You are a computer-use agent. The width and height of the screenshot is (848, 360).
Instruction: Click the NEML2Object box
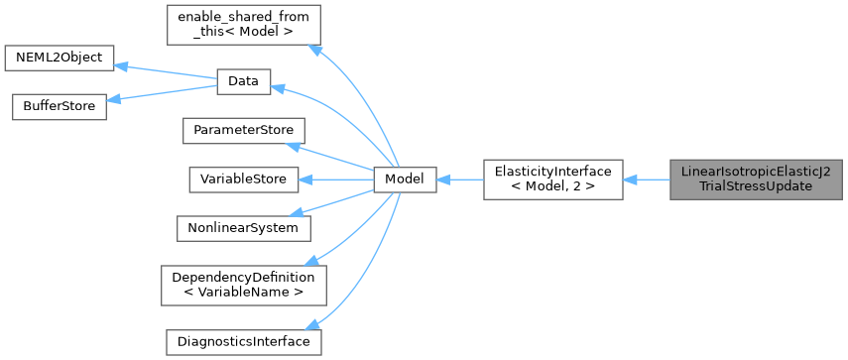[x=59, y=57]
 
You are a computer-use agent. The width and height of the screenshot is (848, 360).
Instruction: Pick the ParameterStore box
[x=243, y=131]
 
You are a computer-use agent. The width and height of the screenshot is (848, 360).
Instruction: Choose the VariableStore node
[x=243, y=180]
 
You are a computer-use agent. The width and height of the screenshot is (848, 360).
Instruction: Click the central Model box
[x=405, y=180]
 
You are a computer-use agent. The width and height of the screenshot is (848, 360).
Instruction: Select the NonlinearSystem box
[x=243, y=227]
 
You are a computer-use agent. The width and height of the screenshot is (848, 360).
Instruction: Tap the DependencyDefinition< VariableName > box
[x=243, y=284]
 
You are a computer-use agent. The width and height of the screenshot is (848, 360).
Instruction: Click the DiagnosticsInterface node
[x=243, y=341]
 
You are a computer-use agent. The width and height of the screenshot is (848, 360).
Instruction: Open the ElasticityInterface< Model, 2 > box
[x=552, y=180]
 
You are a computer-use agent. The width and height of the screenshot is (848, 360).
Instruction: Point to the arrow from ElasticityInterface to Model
[x=459, y=180]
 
